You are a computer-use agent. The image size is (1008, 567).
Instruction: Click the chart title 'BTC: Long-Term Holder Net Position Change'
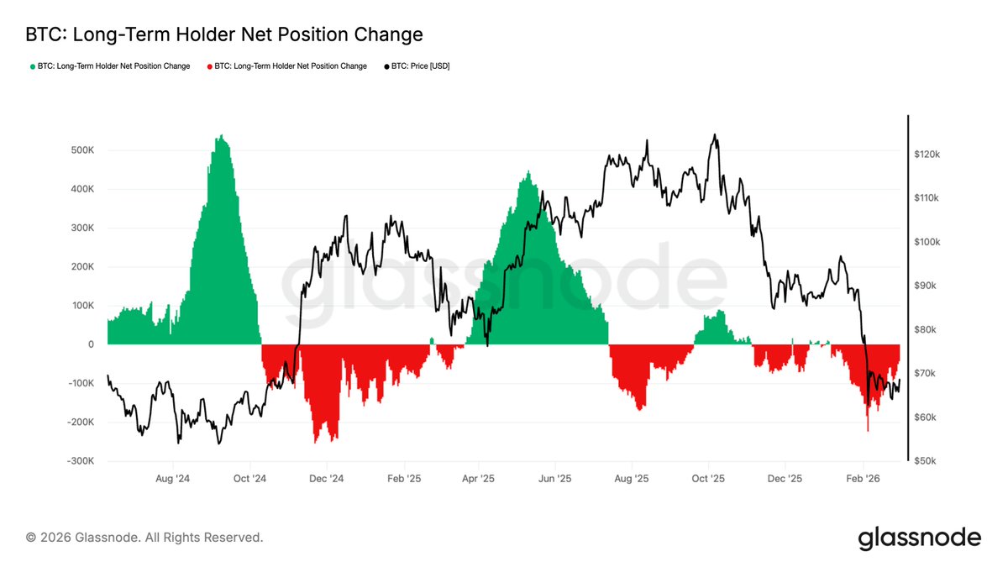click(x=224, y=34)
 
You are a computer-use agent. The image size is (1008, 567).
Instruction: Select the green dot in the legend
click(x=33, y=66)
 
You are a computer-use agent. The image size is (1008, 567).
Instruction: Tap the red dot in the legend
click(x=210, y=66)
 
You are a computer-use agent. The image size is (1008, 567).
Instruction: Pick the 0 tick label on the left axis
click(x=89, y=344)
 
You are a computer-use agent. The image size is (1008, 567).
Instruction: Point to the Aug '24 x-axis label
click(x=173, y=478)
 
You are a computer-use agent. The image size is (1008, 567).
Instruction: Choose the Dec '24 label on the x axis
click(x=326, y=478)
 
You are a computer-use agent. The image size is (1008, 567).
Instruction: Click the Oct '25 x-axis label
click(x=708, y=478)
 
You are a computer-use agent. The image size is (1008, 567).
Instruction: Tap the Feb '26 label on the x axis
click(x=863, y=478)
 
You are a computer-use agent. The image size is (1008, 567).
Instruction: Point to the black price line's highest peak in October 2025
click(x=714, y=134)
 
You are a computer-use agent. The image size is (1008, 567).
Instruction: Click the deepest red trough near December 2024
click(x=317, y=443)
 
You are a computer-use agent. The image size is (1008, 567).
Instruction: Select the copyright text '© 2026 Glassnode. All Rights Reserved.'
click(x=144, y=537)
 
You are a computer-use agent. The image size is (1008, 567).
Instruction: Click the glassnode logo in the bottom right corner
click(x=919, y=538)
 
